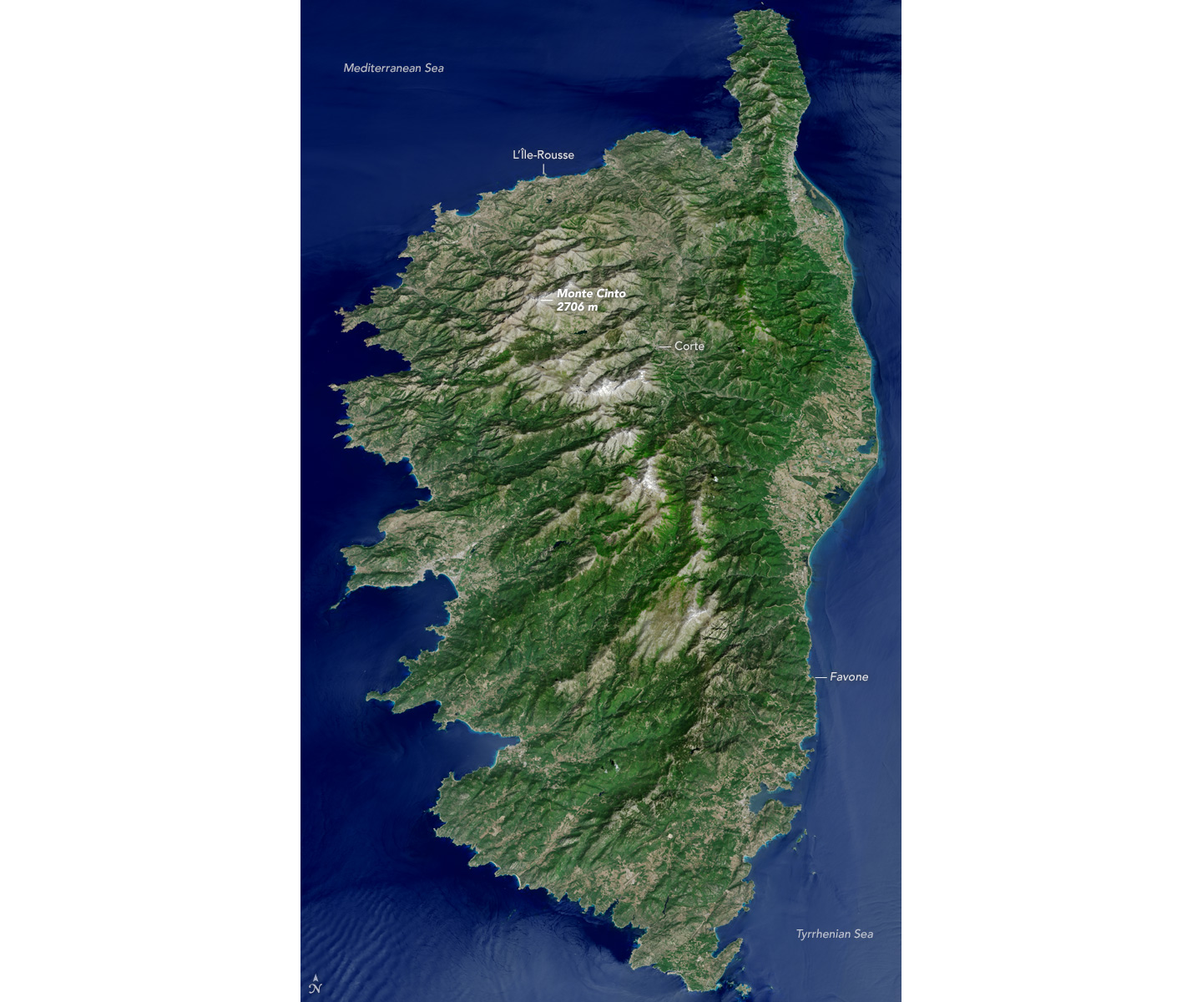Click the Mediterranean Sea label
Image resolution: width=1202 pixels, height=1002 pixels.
pos(393,68)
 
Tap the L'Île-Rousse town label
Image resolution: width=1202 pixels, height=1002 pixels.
pos(543,154)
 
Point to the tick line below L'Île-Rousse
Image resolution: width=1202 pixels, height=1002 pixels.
pos(543,170)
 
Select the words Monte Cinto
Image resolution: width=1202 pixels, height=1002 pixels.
pos(591,294)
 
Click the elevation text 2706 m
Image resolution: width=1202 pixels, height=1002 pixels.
pos(577,307)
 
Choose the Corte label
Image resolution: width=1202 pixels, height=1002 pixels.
pos(689,346)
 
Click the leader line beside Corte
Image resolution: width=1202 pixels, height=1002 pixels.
pos(665,346)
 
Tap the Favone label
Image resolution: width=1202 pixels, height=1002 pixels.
pos(849,677)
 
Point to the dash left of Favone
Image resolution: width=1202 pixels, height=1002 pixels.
pos(821,677)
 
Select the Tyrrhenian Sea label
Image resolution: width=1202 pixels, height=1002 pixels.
pos(834,934)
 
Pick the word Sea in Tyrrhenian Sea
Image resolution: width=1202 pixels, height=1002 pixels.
pos(862,934)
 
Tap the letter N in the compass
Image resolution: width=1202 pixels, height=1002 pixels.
pos(315,989)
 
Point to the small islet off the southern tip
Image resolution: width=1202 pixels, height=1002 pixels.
pos(741,989)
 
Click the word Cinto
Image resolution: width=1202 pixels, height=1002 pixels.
pos(609,294)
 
